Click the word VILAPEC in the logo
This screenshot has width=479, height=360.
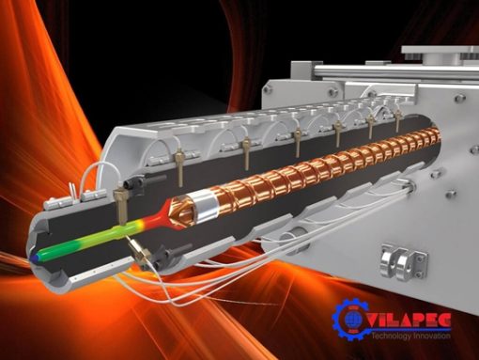click(409, 320)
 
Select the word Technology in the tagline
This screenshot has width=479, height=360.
click(391, 336)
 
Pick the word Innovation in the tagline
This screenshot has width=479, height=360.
click(432, 336)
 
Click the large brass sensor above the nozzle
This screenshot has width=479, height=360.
click(120, 205)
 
